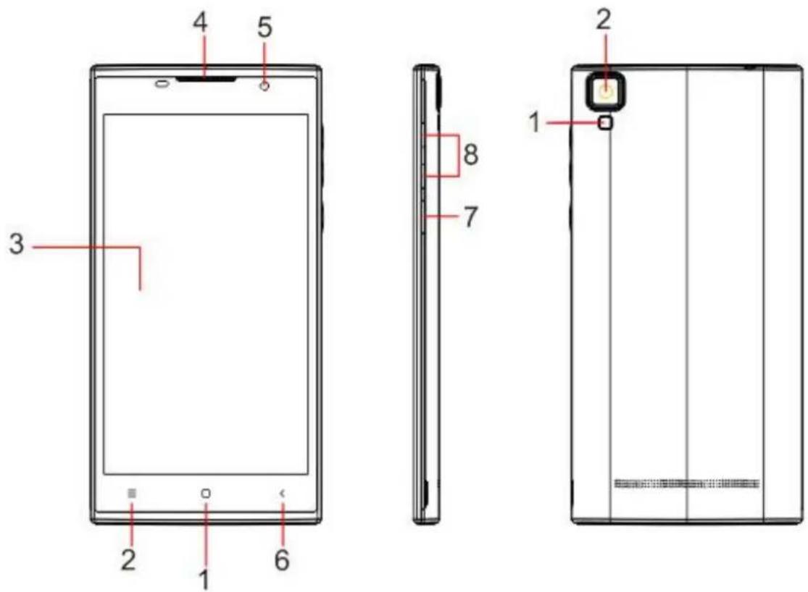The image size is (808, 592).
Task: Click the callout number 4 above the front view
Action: coord(201,23)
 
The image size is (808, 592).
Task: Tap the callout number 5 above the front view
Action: coord(265,28)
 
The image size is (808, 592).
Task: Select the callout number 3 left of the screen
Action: coord(17,243)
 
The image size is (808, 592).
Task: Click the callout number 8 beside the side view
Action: coord(471,153)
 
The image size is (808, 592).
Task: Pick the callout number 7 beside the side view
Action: coord(470,216)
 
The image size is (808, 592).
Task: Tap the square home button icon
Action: coord(206,494)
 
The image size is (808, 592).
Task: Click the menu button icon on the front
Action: coord(132,494)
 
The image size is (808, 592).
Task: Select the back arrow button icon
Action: coord(282,494)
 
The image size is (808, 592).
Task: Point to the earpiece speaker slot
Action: coord(206,80)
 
